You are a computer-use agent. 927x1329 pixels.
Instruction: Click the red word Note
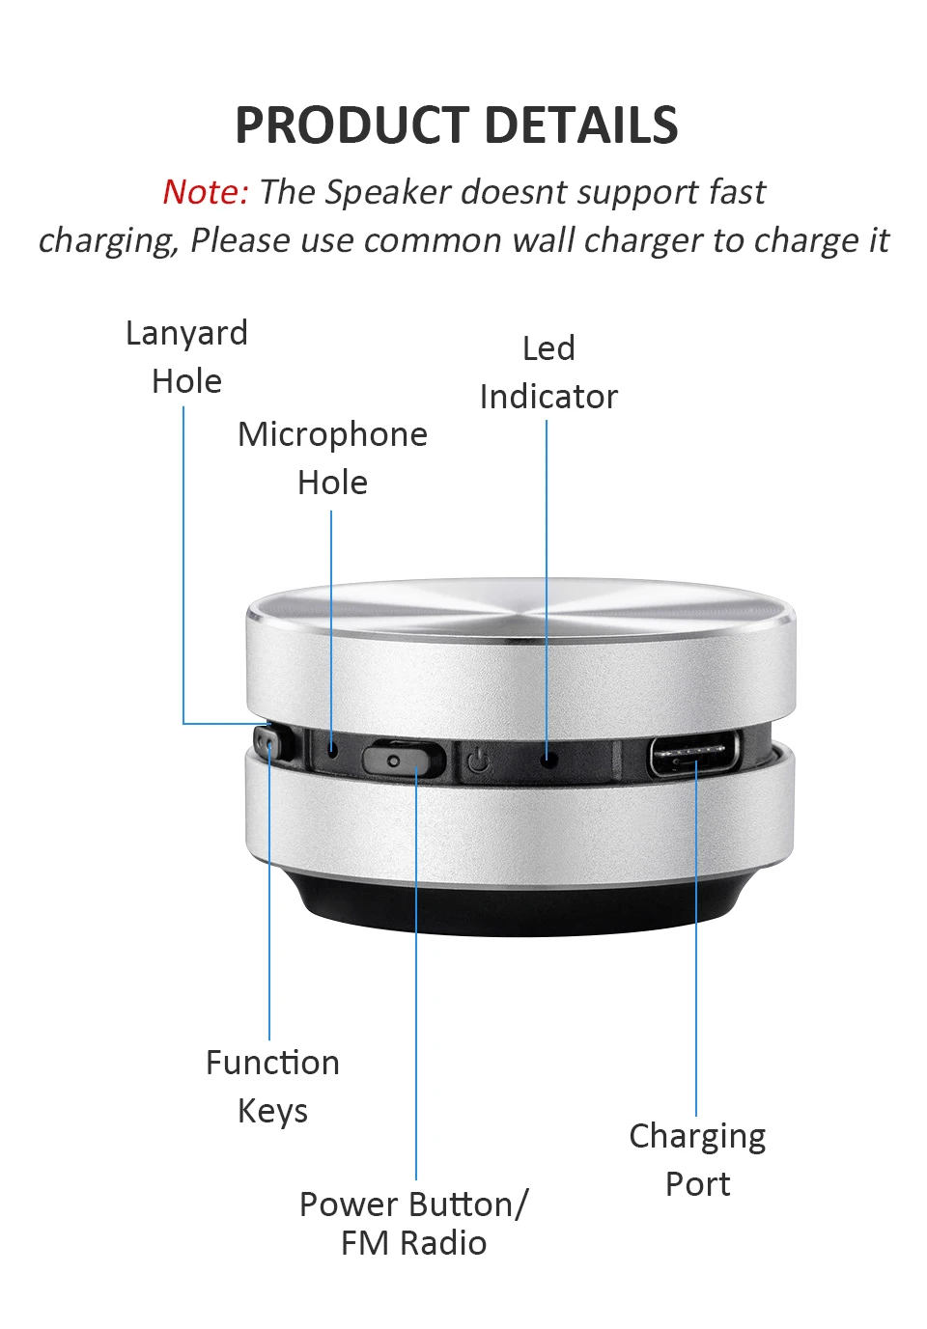205,192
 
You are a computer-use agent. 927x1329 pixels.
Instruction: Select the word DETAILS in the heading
581,126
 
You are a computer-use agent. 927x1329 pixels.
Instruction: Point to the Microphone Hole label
332,458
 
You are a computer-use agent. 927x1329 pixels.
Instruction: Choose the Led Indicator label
548,373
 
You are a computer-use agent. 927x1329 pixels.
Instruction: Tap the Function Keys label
272,1087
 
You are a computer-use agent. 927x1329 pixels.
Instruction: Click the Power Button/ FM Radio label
414,1223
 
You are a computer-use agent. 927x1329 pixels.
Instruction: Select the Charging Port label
697,1160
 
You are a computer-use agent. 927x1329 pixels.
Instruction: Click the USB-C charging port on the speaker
694,755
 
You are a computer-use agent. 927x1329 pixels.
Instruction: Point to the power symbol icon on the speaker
479,762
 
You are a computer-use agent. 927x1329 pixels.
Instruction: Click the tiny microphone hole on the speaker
332,749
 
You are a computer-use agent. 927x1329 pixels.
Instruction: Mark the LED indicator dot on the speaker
548,760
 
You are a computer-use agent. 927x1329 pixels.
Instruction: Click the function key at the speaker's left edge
267,744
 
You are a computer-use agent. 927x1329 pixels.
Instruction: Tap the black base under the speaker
521,907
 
